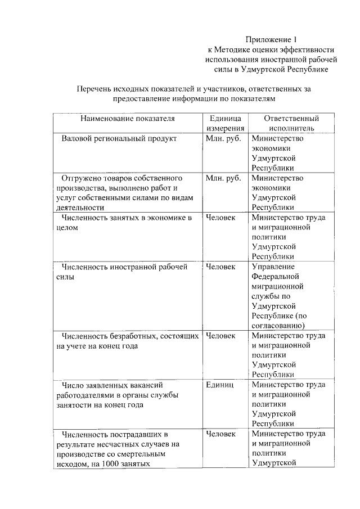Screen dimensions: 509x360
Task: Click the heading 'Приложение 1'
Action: tap(271, 39)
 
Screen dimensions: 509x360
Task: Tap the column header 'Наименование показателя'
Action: tap(127, 119)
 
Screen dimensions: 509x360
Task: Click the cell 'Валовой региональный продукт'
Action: tap(119, 138)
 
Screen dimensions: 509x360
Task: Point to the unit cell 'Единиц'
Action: tap(220, 385)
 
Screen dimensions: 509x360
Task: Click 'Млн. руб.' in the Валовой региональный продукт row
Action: tap(223, 138)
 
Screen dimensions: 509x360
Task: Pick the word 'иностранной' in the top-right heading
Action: tap(272, 60)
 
